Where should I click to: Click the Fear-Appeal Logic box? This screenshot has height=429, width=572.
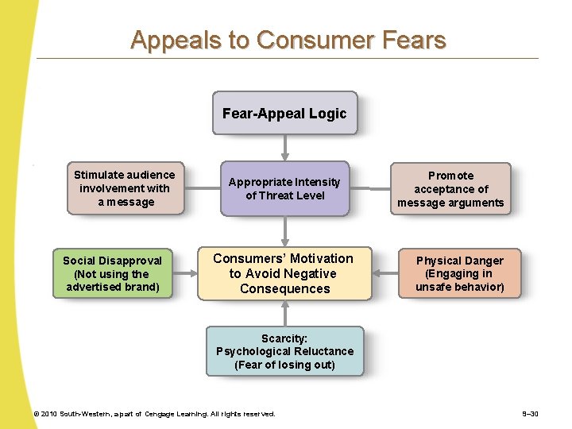point(284,114)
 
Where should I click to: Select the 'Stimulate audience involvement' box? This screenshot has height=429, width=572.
point(125,189)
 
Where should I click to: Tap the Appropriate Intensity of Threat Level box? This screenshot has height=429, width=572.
point(284,189)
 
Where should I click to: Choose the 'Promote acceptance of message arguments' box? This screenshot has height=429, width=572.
point(450,189)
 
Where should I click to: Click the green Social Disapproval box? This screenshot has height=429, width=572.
point(112,273)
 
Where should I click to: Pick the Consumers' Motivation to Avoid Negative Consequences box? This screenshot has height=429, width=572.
point(284,273)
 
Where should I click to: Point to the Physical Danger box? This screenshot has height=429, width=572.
point(459,273)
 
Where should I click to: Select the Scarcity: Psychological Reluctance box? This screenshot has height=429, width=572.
point(284,351)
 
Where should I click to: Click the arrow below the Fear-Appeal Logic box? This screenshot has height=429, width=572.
point(284,148)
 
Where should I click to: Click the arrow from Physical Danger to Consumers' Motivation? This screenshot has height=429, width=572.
point(385,274)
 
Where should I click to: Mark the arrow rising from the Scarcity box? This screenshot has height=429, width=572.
point(284,313)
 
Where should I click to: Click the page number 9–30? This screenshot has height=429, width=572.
point(530,414)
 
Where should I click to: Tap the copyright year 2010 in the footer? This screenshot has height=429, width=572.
point(50,414)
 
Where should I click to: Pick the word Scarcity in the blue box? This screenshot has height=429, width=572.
point(284,338)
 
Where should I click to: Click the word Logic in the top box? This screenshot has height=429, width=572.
point(328,114)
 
